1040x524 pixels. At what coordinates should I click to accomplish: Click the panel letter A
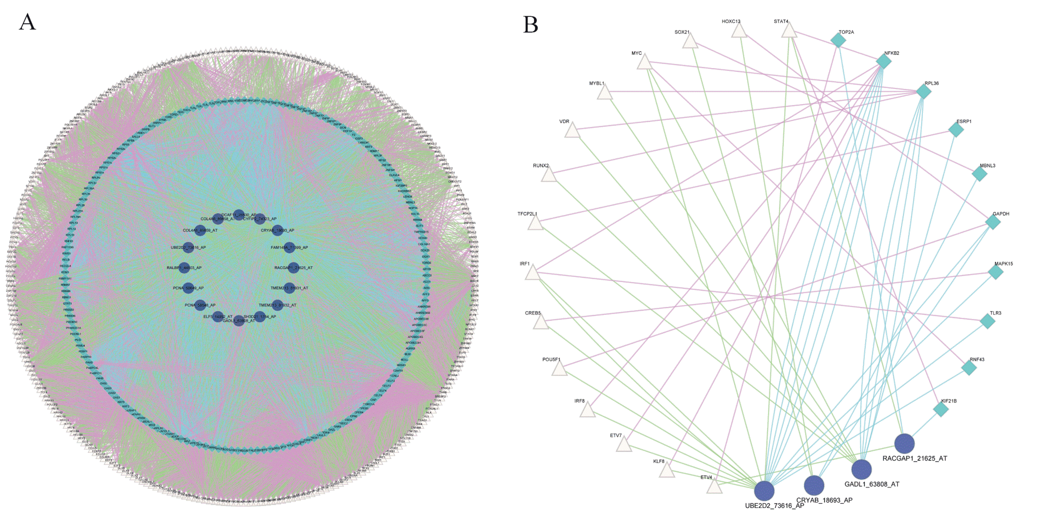click(27, 22)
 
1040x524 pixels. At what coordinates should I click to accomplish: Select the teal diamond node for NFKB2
click(883, 61)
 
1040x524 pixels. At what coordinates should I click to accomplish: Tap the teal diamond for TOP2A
click(838, 40)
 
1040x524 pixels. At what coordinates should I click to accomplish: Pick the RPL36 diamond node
click(923, 92)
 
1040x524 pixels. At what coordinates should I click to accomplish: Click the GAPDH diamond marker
click(993, 222)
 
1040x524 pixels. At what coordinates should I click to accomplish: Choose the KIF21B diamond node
click(941, 409)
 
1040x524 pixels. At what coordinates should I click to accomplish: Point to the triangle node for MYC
click(644, 63)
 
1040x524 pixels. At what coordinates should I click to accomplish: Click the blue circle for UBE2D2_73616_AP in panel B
click(764, 491)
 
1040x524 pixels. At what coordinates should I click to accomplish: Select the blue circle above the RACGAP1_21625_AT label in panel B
click(904, 444)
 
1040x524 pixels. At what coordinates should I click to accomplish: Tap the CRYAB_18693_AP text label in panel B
click(824, 500)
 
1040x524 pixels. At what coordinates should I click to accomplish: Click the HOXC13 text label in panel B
click(731, 21)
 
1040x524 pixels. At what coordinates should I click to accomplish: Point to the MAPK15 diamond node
click(996, 272)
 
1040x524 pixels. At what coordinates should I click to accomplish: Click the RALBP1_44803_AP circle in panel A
click(184, 268)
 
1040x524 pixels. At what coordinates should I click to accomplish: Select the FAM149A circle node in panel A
click(289, 248)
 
